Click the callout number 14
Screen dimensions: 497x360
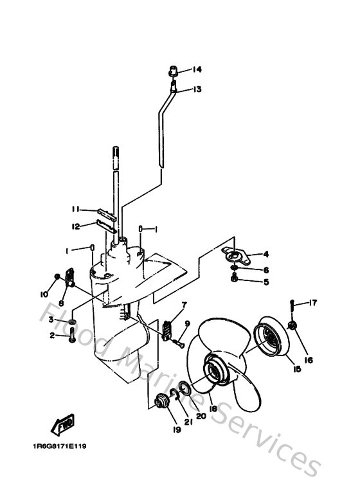(x=196, y=69)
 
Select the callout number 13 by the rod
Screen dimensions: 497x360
(x=196, y=89)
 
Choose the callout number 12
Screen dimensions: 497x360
(x=75, y=226)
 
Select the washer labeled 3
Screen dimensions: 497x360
(x=73, y=320)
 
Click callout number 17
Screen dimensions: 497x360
(x=313, y=303)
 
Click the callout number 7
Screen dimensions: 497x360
(x=184, y=305)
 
